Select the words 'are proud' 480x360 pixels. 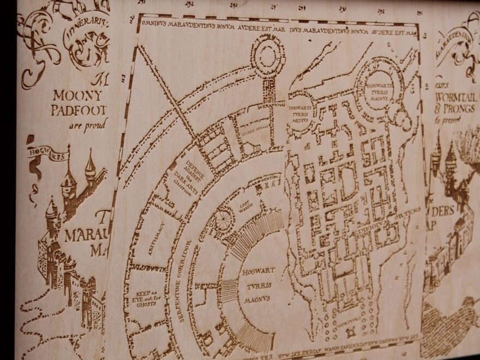(88, 125)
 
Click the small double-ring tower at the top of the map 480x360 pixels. (268, 53)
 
